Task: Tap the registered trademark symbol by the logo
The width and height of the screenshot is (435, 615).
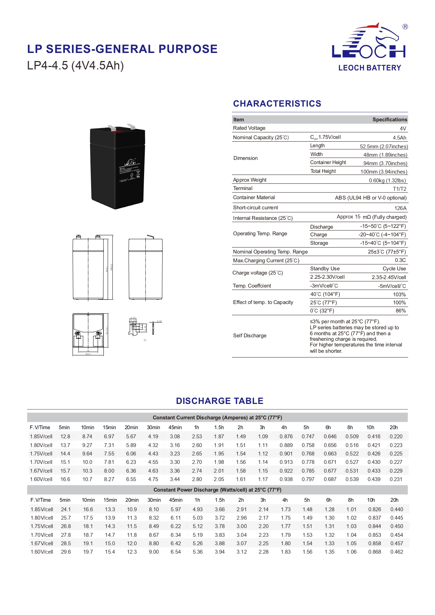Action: point(405,27)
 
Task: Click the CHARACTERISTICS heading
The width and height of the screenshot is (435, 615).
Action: point(277,104)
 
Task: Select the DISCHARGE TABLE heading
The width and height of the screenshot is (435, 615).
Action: point(219,401)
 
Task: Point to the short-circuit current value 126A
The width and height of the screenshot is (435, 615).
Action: point(400,208)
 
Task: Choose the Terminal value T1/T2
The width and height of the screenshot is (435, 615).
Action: point(399,189)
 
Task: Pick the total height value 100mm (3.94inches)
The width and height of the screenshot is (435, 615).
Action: point(383,172)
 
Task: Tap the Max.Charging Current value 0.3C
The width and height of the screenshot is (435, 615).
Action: point(400,260)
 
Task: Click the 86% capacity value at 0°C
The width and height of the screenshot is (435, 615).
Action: point(400,311)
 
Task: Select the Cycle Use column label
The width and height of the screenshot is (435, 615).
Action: point(394,269)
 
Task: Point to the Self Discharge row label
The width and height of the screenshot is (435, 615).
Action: point(250,336)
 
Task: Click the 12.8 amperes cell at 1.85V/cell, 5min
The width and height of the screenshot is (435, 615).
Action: point(65,437)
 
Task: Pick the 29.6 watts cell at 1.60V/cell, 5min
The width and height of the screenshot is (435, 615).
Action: point(66,552)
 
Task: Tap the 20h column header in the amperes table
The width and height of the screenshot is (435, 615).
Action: point(393,427)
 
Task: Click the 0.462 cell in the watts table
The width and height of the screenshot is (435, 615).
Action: point(396,552)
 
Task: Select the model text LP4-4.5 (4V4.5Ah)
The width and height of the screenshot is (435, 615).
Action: point(75,66)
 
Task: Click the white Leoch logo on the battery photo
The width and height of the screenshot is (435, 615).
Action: point(130,163)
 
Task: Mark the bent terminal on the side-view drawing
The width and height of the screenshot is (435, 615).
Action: point(150,237)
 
